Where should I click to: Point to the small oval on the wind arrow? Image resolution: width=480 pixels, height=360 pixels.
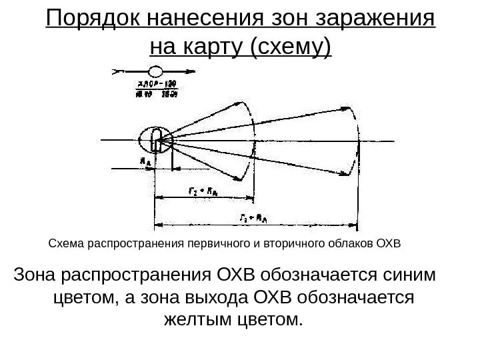click(x=155, y=70)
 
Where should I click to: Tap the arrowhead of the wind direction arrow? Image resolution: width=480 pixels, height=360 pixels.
click(x=193, y=70)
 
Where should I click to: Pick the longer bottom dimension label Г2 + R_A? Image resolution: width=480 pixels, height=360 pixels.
click(x=253, y=217)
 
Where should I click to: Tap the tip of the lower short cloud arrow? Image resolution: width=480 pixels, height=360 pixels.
click(x=241, y=179)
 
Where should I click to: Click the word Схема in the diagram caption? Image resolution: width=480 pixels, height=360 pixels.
click(x=66, y=243)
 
